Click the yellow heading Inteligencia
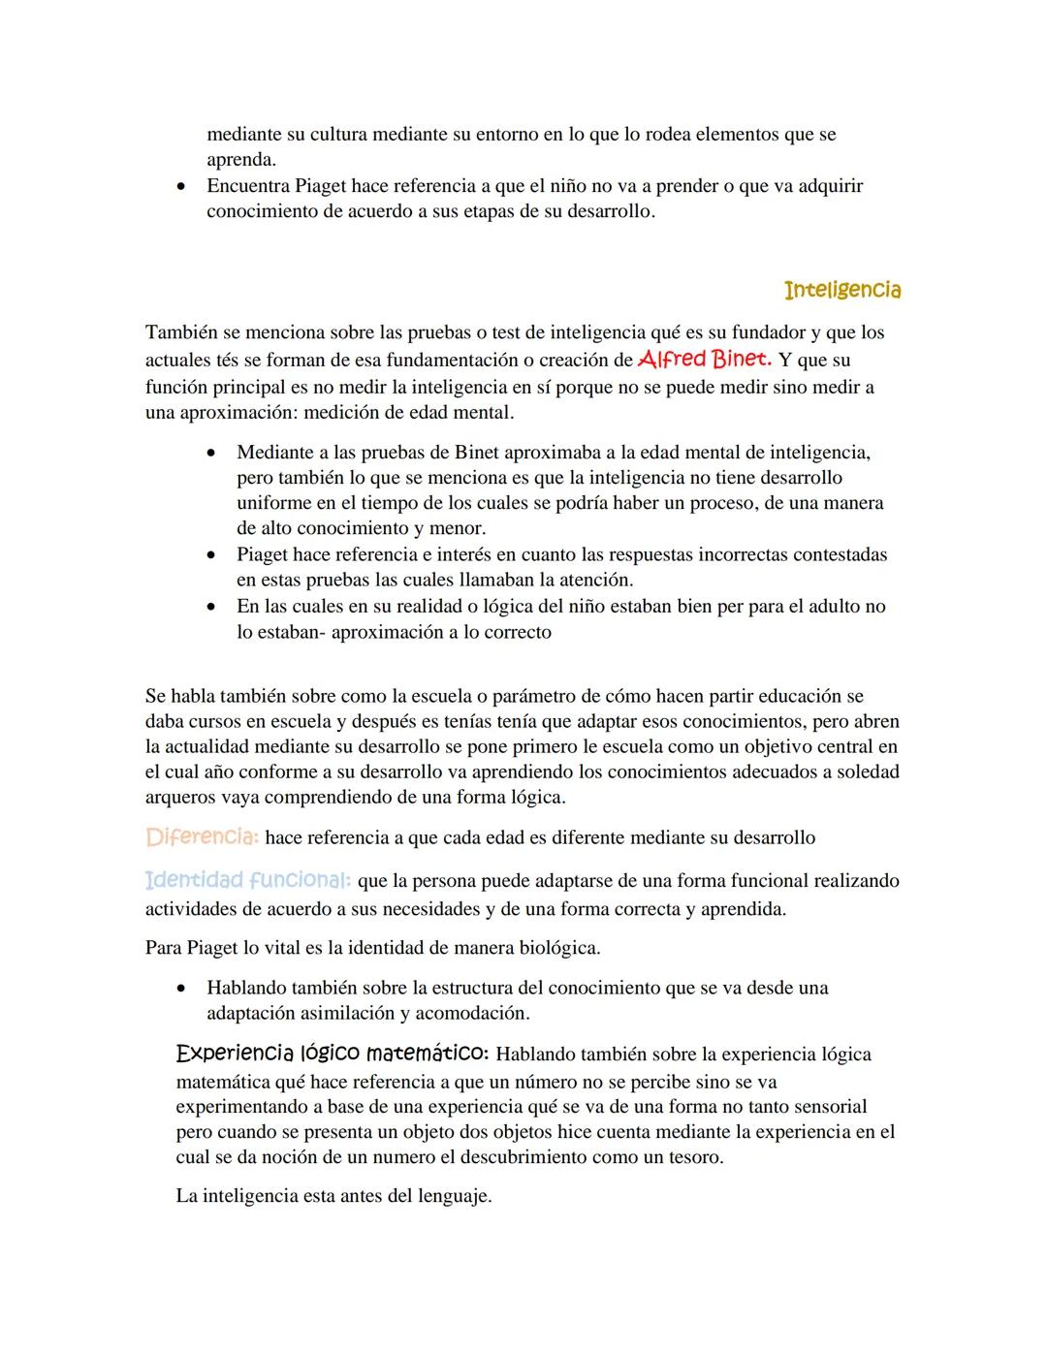(841, 290)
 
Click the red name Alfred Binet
(705, 359)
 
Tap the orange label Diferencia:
(202, 836)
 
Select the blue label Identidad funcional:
(248, 880)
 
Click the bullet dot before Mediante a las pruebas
(211, 453)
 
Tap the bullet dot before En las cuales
(211, 607)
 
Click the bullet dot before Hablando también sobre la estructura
(181, 989)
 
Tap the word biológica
(564, 947)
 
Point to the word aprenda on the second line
(239, 160)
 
